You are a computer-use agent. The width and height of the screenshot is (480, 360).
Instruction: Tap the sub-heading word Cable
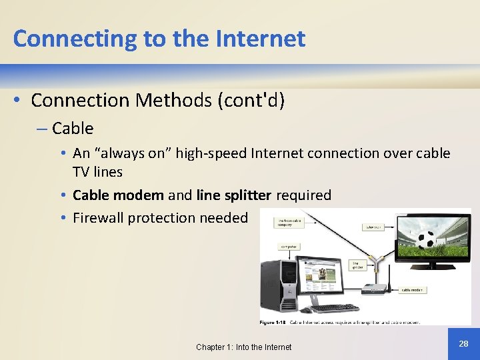click(73, 128)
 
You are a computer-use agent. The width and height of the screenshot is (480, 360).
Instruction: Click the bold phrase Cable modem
click(118, 195)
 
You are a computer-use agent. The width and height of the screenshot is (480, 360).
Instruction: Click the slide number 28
click(463, 343)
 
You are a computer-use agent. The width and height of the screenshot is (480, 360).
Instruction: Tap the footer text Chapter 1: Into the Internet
click(243, 347)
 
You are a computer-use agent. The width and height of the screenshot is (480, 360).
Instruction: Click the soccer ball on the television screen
click(427, 239)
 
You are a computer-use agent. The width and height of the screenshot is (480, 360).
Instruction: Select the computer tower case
click(279, 285)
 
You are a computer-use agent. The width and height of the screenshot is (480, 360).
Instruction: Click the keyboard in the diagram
click(334, 308)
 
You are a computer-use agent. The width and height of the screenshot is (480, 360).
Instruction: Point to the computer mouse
click(306, 310)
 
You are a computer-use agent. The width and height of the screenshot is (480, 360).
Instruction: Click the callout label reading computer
click(289, 247)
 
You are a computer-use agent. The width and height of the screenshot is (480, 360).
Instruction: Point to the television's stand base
click(433, 271)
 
